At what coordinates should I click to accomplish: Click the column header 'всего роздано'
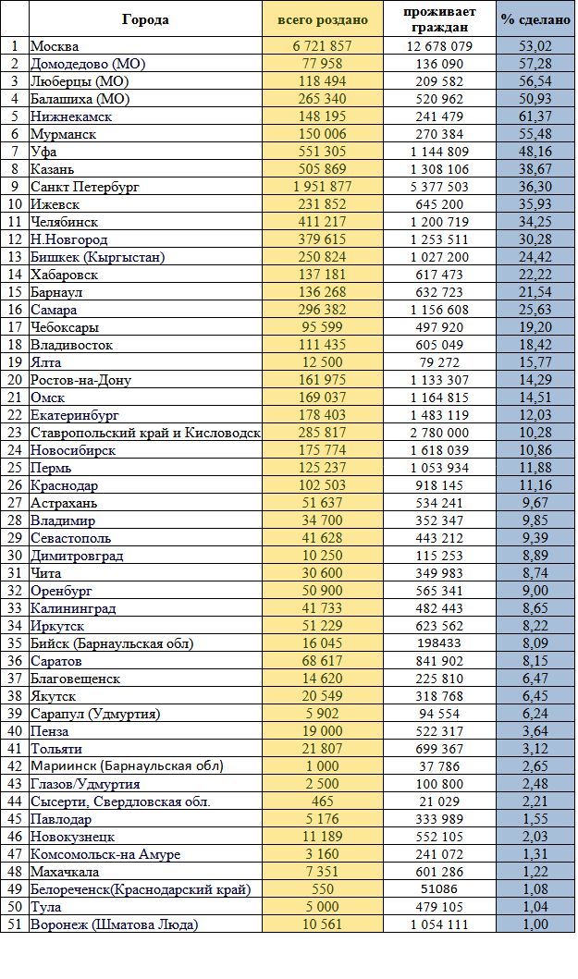pos(323,20)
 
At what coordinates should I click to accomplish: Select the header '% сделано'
pos(535,20)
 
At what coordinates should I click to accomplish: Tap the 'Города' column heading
pos(145,19)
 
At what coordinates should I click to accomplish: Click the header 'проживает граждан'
pos(439,19)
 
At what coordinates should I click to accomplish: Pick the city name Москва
pos(55,46)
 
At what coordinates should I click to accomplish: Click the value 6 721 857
pos(323,46)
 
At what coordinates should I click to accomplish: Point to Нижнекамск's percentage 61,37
pos(535,116)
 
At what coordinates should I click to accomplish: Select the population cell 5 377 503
pos(439,187)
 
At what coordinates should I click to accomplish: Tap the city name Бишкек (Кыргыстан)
pos(98,257)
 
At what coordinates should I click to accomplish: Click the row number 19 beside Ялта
pos(15,362)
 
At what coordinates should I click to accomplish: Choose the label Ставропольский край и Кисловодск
pos(145,433)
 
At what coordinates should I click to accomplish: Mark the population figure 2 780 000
pos(439,433)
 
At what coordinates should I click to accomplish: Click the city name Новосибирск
pos(73,450)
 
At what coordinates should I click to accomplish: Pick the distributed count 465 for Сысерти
pos(323,802)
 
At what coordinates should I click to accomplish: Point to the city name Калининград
pos(73,608)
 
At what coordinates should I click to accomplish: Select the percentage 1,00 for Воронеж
pos(535,924)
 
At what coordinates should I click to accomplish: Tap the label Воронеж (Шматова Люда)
pos(115,924)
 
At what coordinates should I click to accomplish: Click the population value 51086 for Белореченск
pos(439,889)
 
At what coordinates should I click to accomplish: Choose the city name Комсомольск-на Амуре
pos(105,854)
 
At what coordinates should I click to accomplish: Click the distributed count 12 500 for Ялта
pos(323,362)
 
